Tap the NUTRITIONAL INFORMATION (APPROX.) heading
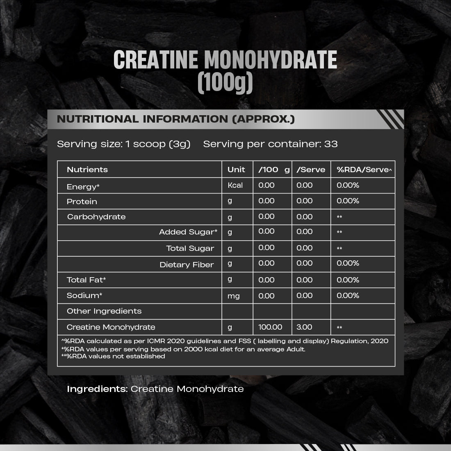176,119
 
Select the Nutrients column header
87,170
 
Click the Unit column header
236,170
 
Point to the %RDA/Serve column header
362,170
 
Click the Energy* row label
83,187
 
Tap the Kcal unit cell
235,185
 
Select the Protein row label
82,202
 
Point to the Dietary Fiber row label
187,265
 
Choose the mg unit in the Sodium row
233,296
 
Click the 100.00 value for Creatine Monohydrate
270,327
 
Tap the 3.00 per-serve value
304,327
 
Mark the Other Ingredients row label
104,311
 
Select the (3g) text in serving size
180,144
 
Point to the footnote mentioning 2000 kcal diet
183,349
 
